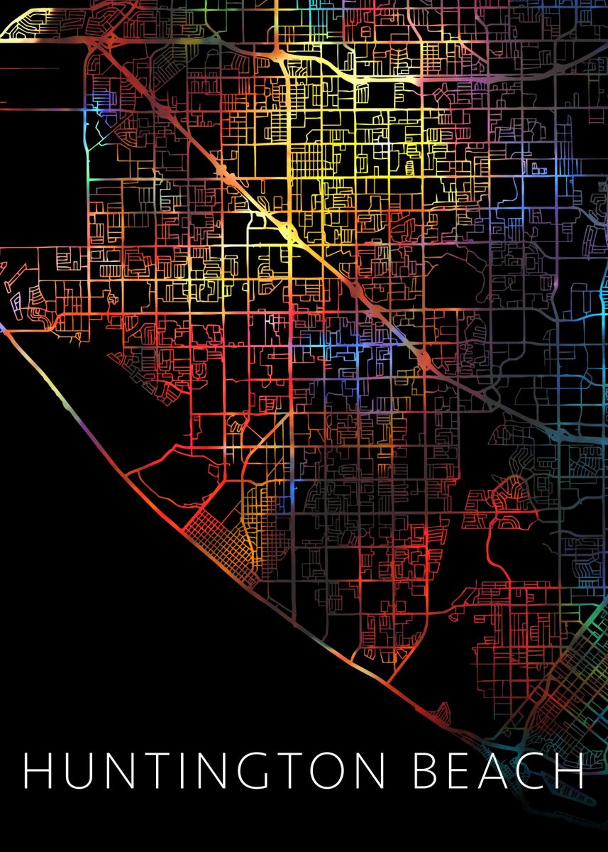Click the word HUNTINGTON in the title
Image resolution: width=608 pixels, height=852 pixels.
[206, 770]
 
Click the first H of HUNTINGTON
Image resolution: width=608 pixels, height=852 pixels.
[38, 770]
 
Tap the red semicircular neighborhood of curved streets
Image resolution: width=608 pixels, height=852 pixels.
[507, 497]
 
